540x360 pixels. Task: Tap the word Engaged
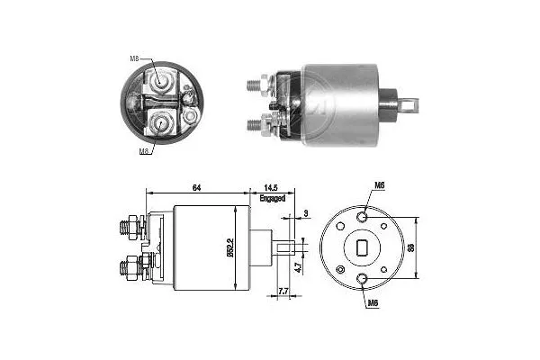[x=272, y=197]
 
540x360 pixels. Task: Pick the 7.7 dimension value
[x=282, y=292]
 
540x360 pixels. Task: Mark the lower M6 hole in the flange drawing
[x=362, y=279]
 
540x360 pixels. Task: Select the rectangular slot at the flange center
[x=362, y=247]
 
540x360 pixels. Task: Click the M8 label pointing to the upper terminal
[x=134, y=59]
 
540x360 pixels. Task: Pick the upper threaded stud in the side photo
[x=254, y=85]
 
